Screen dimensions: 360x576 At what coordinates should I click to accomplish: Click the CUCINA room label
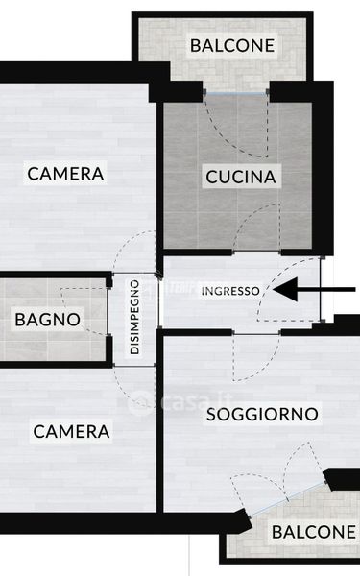click(241, 177)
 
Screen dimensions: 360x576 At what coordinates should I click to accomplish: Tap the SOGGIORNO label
click(262, 415)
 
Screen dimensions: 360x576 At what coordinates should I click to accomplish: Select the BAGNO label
click(48, 320)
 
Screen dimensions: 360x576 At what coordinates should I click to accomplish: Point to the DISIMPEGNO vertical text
click(134, 317)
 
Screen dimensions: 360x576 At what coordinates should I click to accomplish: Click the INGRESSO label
click(230, 291)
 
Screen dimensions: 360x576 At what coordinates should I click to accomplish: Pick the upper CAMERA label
click(65, 174)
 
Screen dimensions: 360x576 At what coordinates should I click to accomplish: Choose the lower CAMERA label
click(71, 431)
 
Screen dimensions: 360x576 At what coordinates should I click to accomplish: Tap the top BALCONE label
click(232, 45)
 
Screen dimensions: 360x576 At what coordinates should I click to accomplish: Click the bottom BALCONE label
click(314, 532)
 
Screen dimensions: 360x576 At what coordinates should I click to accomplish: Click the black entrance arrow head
click(285, 290)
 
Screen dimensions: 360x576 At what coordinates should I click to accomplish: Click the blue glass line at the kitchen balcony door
click(236, 94)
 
